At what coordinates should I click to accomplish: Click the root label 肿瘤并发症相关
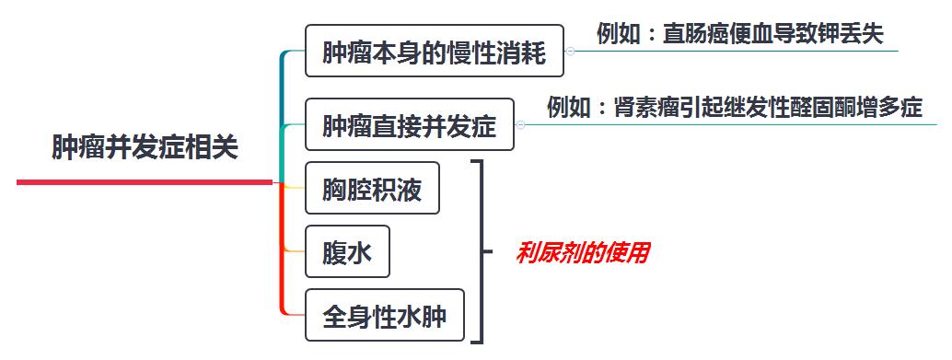pyautogui.click(x=145, y=147)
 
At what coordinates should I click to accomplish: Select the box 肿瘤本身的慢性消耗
pyautogui.click(x=434, y=52)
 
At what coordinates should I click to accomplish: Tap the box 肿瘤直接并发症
pyautogui.click(x=409, y=124)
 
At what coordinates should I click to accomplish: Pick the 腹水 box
pyautogui.click(x=347, y=251)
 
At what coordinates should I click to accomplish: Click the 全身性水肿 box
pyautogui.click(x=384, y=316)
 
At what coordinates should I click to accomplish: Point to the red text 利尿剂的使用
pyautogui.click(x=582, y=252)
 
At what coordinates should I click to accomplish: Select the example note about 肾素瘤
pyautogui.click(x=734, y=108)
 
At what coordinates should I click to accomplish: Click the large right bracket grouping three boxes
pyautogui.click(x=479, y=251)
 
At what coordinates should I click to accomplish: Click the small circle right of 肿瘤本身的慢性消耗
pyautogui.click(x=570, y=52)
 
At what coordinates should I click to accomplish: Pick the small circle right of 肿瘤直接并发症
pyautogui.click(x=520, y=124)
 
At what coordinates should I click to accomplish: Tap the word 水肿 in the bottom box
pyautogui.click(x=426, y=316)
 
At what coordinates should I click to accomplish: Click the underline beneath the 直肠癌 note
pyautogui.click(x=737, y=52)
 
